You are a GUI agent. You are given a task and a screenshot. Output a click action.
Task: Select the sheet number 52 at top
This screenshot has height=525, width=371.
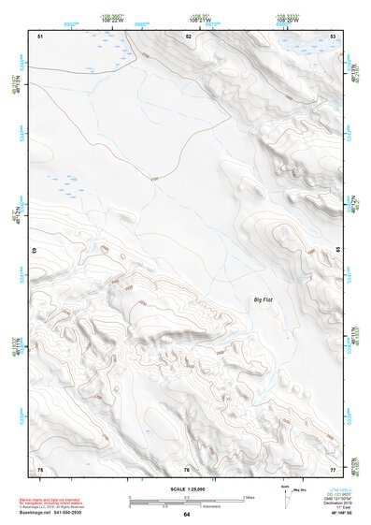coord(188,36)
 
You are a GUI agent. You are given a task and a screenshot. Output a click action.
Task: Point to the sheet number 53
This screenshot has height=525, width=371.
coord(333,36)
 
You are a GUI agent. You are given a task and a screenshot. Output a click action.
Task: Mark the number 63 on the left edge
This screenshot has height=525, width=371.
coord(37,251)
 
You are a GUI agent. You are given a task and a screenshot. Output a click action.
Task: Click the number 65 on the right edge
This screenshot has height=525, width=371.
coord(335,251)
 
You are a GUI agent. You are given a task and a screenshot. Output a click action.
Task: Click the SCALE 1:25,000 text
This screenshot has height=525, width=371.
coord(186,489)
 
